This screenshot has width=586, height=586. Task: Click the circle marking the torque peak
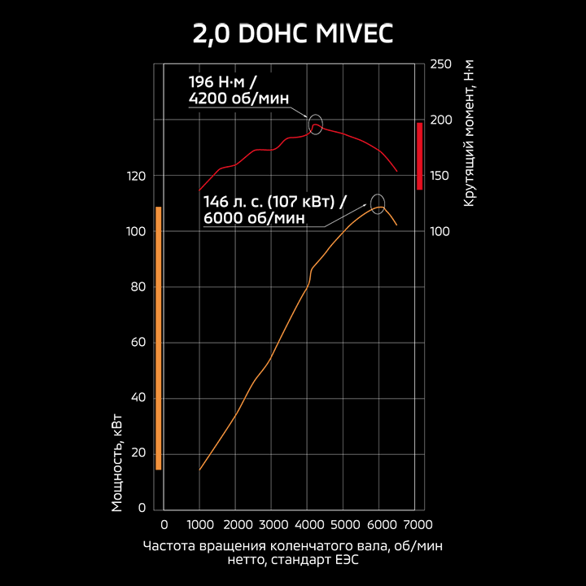316,124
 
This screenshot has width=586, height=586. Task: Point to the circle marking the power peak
378,203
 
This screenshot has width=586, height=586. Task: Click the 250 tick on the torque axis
440,64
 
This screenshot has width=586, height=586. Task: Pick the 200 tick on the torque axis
440,120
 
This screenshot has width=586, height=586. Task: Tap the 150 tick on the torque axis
440,176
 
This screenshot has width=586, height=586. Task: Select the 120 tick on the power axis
137,176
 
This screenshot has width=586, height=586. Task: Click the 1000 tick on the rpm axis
199,524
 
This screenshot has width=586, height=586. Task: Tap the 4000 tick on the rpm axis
307,524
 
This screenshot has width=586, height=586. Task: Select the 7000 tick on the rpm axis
417,524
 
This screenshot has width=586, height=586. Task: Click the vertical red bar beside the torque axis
419,155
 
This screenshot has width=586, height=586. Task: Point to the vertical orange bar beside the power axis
159,338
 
